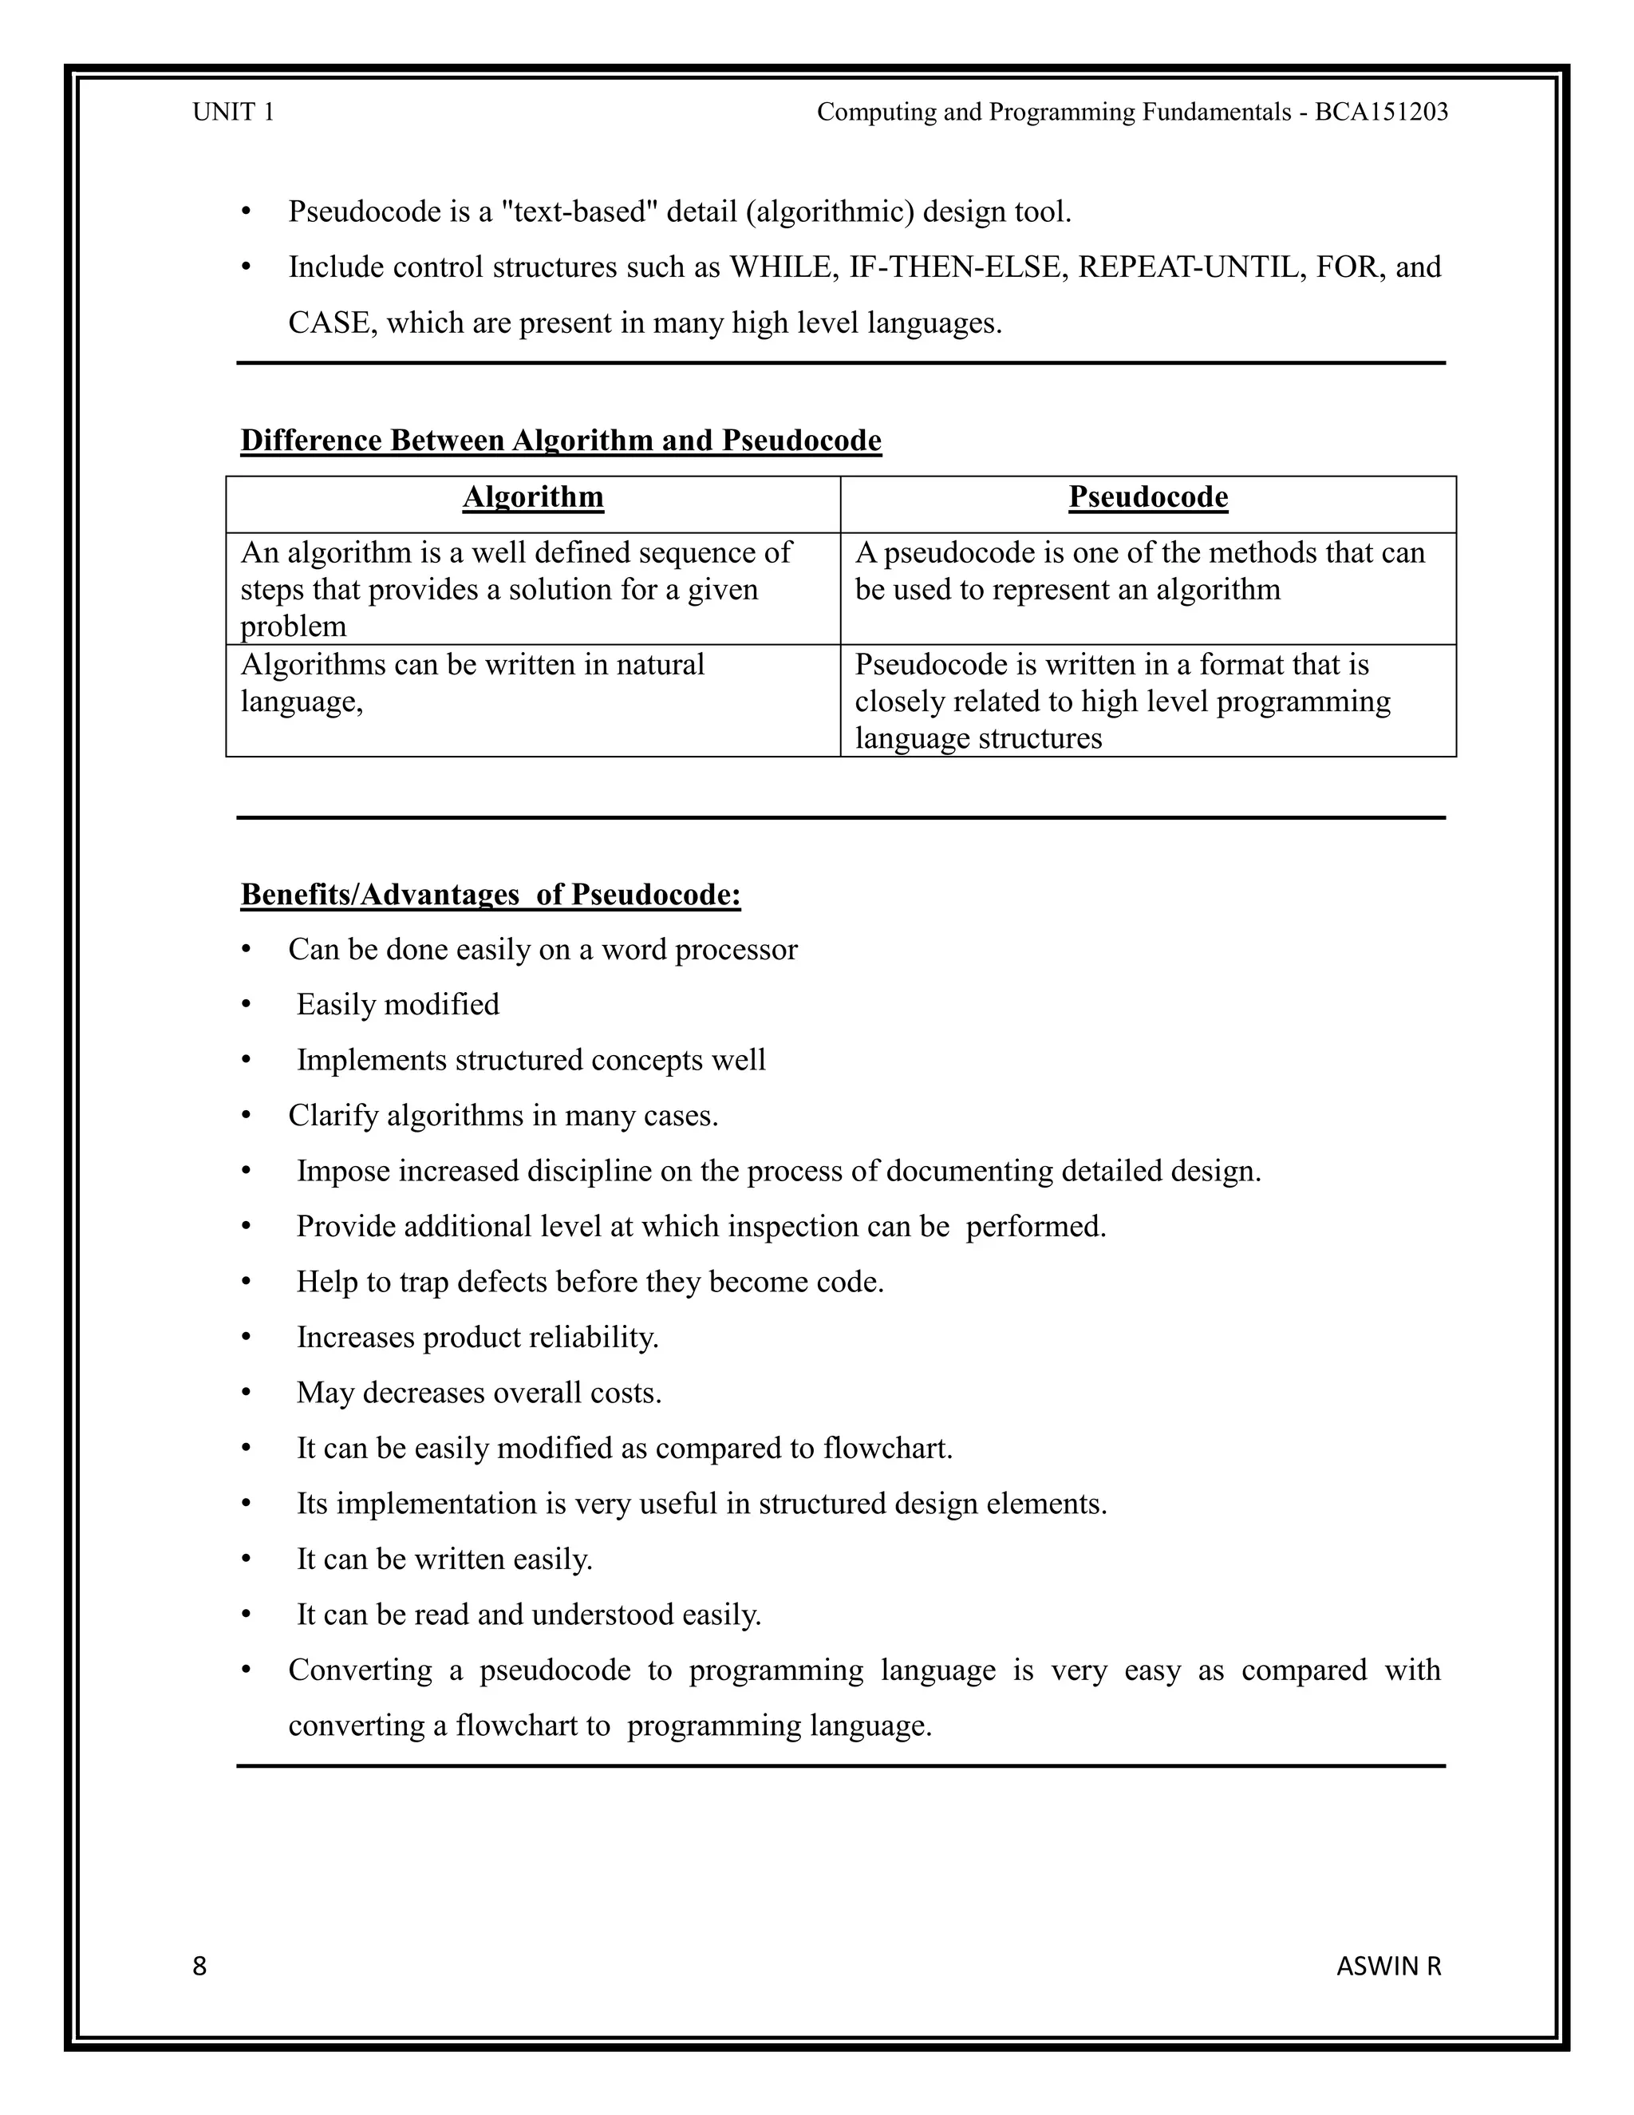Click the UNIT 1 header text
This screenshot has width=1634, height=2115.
[x=233, y=113]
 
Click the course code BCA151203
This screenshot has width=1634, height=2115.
[x=1380, y=113]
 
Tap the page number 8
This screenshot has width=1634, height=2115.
[x=199, y=1966]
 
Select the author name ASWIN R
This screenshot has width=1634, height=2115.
[x=1388, y=1966]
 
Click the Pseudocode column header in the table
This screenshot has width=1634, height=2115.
[x=1148, y=498]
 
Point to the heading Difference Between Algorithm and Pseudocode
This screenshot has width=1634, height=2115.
[x=560, y=441]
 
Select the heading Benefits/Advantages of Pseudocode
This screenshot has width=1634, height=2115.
[x=490, y=894]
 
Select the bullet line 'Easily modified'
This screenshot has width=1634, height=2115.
[x=398, y=1004]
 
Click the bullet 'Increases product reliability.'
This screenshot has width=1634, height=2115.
[x=477, y=1338]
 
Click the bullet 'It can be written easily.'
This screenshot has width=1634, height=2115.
[x=444, y=1560]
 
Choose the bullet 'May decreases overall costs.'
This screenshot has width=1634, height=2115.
[x=480, y=1393]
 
